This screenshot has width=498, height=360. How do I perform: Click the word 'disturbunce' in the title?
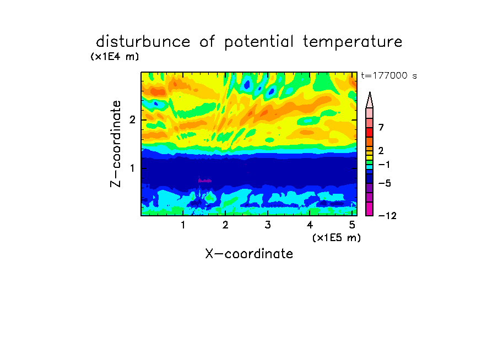coord(143,42)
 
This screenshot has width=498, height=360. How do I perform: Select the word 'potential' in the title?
coord(259,42)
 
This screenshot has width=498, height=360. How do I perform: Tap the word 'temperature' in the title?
coord(353,42)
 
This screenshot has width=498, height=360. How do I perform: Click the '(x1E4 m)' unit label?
coord(115,57)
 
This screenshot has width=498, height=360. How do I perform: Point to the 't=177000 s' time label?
coord(389,75)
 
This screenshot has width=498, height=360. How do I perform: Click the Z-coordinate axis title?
coord(116,144)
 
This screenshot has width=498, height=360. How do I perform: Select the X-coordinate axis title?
coord(249,254)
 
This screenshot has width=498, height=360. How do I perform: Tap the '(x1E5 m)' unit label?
coord(337,238)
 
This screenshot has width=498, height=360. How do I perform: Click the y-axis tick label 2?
coord(132,120)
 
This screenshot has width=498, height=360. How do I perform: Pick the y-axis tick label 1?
coord(132,168)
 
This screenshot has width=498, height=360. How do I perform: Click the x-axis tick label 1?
coord(183,225)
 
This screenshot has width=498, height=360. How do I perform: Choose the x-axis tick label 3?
coord(268,225)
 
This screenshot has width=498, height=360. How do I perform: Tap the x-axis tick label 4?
coord(310,225)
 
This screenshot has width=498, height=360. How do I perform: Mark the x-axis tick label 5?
coord(352,225)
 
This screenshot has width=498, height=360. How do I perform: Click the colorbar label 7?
coord(381,128)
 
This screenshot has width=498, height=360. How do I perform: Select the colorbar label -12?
coord(387,216)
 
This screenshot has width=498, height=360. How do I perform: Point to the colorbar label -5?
coord(385,183)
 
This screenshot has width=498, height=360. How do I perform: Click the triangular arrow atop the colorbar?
coord(370,101)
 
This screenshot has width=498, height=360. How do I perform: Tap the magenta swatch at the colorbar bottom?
coord(370,209)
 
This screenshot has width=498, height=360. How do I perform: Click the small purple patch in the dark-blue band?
coord(205,181)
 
